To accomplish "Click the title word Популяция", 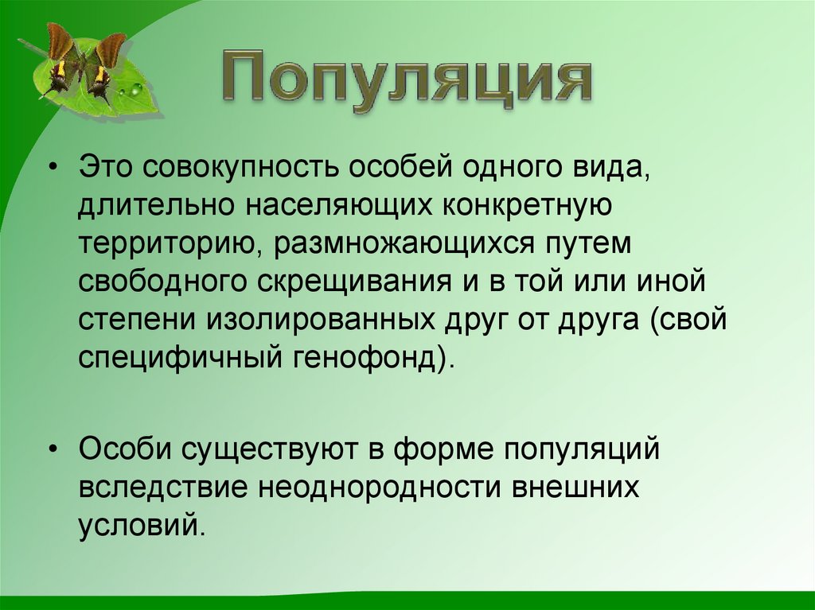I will click(406, 81).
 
